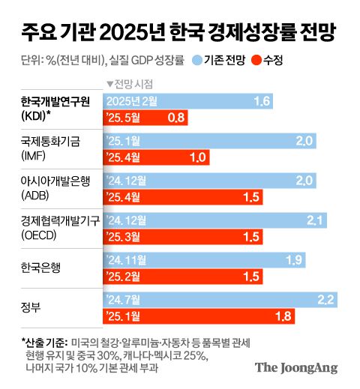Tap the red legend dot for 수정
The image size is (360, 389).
coord(256,61)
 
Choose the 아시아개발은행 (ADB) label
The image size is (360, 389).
coord(48,187)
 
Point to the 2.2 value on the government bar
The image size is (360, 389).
coord(325,300)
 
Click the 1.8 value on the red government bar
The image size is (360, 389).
coord(282,316)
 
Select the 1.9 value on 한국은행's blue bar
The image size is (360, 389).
coord(294,259)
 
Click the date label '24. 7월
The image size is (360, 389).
coord(128,300)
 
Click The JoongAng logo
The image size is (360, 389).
coord(295,367)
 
